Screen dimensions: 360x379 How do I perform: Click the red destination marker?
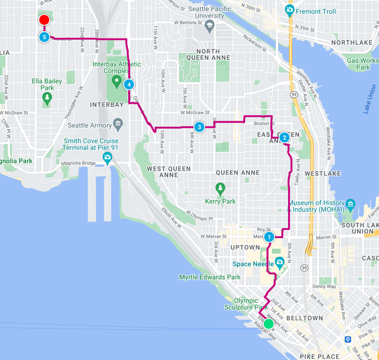(44, 21)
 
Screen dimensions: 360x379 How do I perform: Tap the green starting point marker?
(268, 323)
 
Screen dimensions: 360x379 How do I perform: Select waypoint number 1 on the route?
(269, 237)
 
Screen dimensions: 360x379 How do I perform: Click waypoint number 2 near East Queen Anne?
(284, 137)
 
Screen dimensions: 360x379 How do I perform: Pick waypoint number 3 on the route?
(199, 127)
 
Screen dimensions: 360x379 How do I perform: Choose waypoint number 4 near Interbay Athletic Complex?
(129, 84)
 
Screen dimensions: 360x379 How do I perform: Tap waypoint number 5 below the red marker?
(44, 37)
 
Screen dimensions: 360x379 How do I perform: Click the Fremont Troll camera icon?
(289, 9)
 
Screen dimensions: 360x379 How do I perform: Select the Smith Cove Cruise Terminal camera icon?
(108, 157)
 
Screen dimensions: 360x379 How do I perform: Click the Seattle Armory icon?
(118, 123)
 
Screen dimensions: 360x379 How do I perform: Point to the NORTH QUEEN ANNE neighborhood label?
(207, 51)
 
